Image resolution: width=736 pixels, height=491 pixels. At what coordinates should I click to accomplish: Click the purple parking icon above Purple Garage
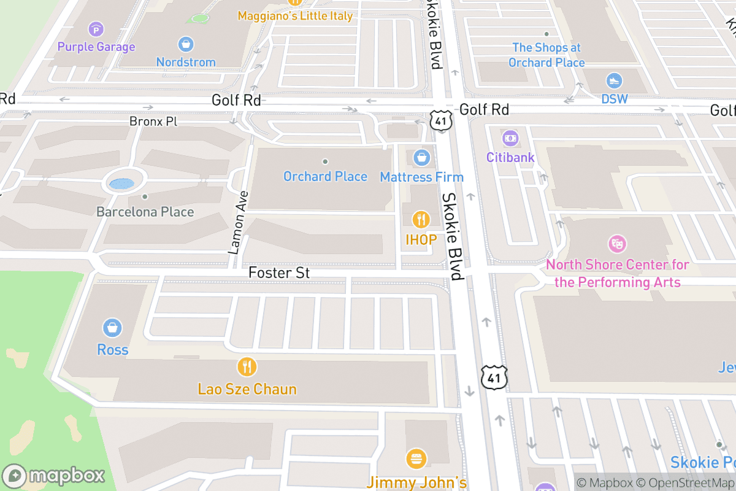click(x=96, y=29)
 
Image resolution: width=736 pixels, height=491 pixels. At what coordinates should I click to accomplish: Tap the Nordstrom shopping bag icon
click(x=185, y=44)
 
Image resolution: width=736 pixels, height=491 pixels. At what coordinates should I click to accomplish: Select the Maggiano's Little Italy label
click(x=295, y=15)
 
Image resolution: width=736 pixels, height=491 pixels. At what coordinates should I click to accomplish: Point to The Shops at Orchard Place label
click(x=546, y=55)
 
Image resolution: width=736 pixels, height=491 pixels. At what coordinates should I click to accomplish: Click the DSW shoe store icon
click(x=614, y=81)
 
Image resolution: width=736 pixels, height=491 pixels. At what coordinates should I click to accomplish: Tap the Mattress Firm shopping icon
click(x=421, y=158)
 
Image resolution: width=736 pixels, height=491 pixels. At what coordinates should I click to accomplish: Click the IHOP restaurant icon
click(x=421, y=219)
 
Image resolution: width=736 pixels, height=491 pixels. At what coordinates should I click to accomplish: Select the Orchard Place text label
click(x=325, y=177)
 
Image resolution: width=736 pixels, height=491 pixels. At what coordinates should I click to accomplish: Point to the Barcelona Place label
click(x=145, y=212)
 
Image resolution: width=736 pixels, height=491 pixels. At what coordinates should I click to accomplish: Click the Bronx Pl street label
click(x=153, y=122)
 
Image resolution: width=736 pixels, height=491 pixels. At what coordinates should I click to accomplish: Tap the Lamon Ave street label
click(x=239, y=223)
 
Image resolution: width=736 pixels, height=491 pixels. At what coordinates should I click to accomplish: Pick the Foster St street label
click(x=279, y=273)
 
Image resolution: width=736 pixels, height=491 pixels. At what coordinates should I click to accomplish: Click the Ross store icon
click(x=112, y=328)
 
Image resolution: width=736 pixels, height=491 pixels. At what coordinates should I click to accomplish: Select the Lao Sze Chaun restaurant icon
click(x=247, y=367)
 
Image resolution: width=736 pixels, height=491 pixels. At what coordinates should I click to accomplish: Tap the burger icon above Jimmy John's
click(x=416, y=458)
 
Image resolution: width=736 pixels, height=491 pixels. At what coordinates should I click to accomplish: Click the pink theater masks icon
click(x=617, y=244)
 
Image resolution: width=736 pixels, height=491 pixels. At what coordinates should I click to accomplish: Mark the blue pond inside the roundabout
click(x=121, y=183)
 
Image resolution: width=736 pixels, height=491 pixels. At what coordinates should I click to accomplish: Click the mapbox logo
click(x=54, y=476)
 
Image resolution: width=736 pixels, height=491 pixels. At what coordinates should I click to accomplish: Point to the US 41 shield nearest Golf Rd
click(x=441, y=120)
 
